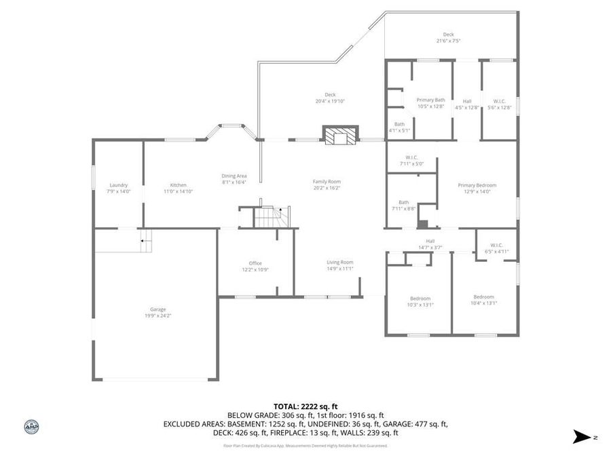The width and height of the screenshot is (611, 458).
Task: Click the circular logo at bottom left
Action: coord(31,427)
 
